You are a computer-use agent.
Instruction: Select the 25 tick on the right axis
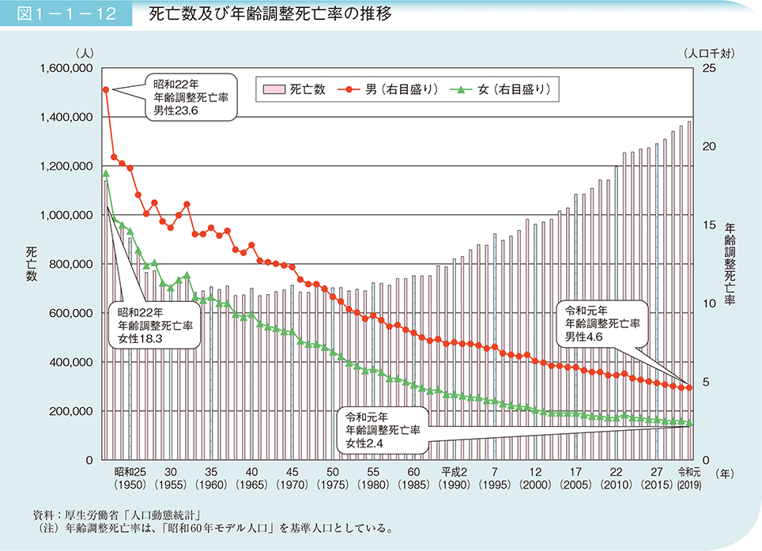click(x=707, y=69)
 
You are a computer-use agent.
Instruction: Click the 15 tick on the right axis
click(x=707, y=225)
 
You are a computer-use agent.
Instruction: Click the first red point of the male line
click(x=106, y=89)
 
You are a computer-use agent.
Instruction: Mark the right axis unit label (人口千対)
click(x=708, y=54)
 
